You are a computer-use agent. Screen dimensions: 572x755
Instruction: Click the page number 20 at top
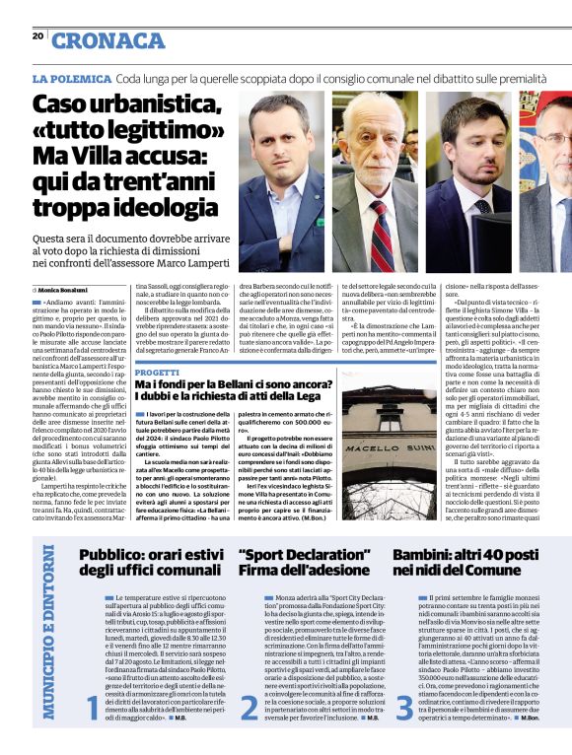pos(38,36)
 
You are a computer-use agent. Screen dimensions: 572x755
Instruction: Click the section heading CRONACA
pos(108,40)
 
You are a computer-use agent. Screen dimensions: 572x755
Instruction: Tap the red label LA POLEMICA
pos(70,77)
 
